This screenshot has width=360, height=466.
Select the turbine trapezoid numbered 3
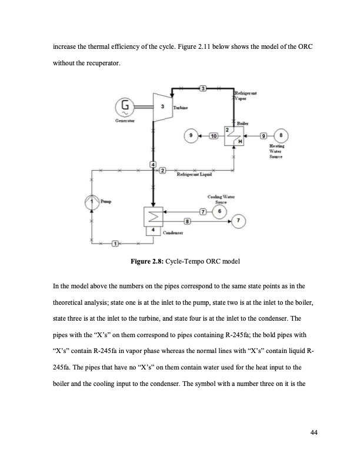[x=162, y=108]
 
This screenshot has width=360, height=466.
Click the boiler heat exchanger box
[x=233, y=136]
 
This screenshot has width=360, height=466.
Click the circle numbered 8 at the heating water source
[x=283, y=135]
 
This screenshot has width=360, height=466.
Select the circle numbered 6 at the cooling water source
[x=220, y=211]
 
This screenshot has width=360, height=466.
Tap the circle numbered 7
[x=238, y=221]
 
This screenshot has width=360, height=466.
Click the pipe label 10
[x=213, y=136]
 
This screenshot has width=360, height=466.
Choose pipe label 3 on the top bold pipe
[x=203, y=88]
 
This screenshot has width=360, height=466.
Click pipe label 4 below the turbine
[x=153, y=164]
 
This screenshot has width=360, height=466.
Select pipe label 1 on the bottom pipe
[x=115, y=244]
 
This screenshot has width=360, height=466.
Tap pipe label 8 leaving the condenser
[x=187, y=221]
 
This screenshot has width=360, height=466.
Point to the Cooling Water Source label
[x=221, y=199]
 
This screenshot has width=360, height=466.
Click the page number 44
[x=314, y=434]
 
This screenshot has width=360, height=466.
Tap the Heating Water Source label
[x=276, y=151]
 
